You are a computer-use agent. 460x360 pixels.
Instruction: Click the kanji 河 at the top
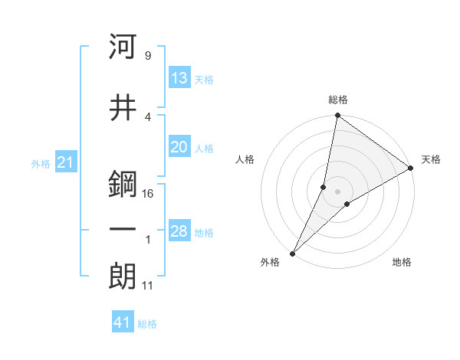pyautogui.click(x=123, y=47)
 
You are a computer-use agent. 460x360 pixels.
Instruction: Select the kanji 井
pyautogui.click(x=123, y=107)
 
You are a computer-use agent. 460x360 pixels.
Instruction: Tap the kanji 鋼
pyautogui.click(x=123, y=184)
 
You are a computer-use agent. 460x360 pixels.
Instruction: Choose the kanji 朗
pyautogui.click(x=123, y=277)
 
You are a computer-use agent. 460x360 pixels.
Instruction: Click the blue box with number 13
pyautogui.click(x=179, y=78)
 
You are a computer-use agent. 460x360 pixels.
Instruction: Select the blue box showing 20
pyautogui.click(x=179, y=148)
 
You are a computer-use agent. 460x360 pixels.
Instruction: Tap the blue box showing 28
pyautogui.click(x=179, y=231)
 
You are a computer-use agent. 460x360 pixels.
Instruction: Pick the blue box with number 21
pyautogui.click(x=64, y=162)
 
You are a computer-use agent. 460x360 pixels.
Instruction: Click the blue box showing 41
pyautogui.click(x=123, y=322)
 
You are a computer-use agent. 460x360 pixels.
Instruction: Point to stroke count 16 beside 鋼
pyautogui.click(x=148, y=194)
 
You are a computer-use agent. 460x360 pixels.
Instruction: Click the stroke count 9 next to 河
pyautogui.click(x=147, y=56)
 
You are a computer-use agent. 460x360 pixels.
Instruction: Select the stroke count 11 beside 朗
pyautogui.click(x=148, y=286)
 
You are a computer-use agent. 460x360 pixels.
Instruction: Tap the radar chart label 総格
pyautogui.click(x=337, y=100)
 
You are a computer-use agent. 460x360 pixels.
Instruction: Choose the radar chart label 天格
pyautogui.click(x=431, y=159)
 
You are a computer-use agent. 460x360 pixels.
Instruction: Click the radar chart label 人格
pyautogui.click(x=245, y=159)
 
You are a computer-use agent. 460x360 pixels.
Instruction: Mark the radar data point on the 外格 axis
pyautogui.click(x=292, y=253)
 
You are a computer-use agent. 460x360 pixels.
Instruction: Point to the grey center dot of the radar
pyautogui.click(x=337, y=192)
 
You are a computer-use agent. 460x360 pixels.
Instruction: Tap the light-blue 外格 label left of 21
pyautogui.click(x=41, y=163)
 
